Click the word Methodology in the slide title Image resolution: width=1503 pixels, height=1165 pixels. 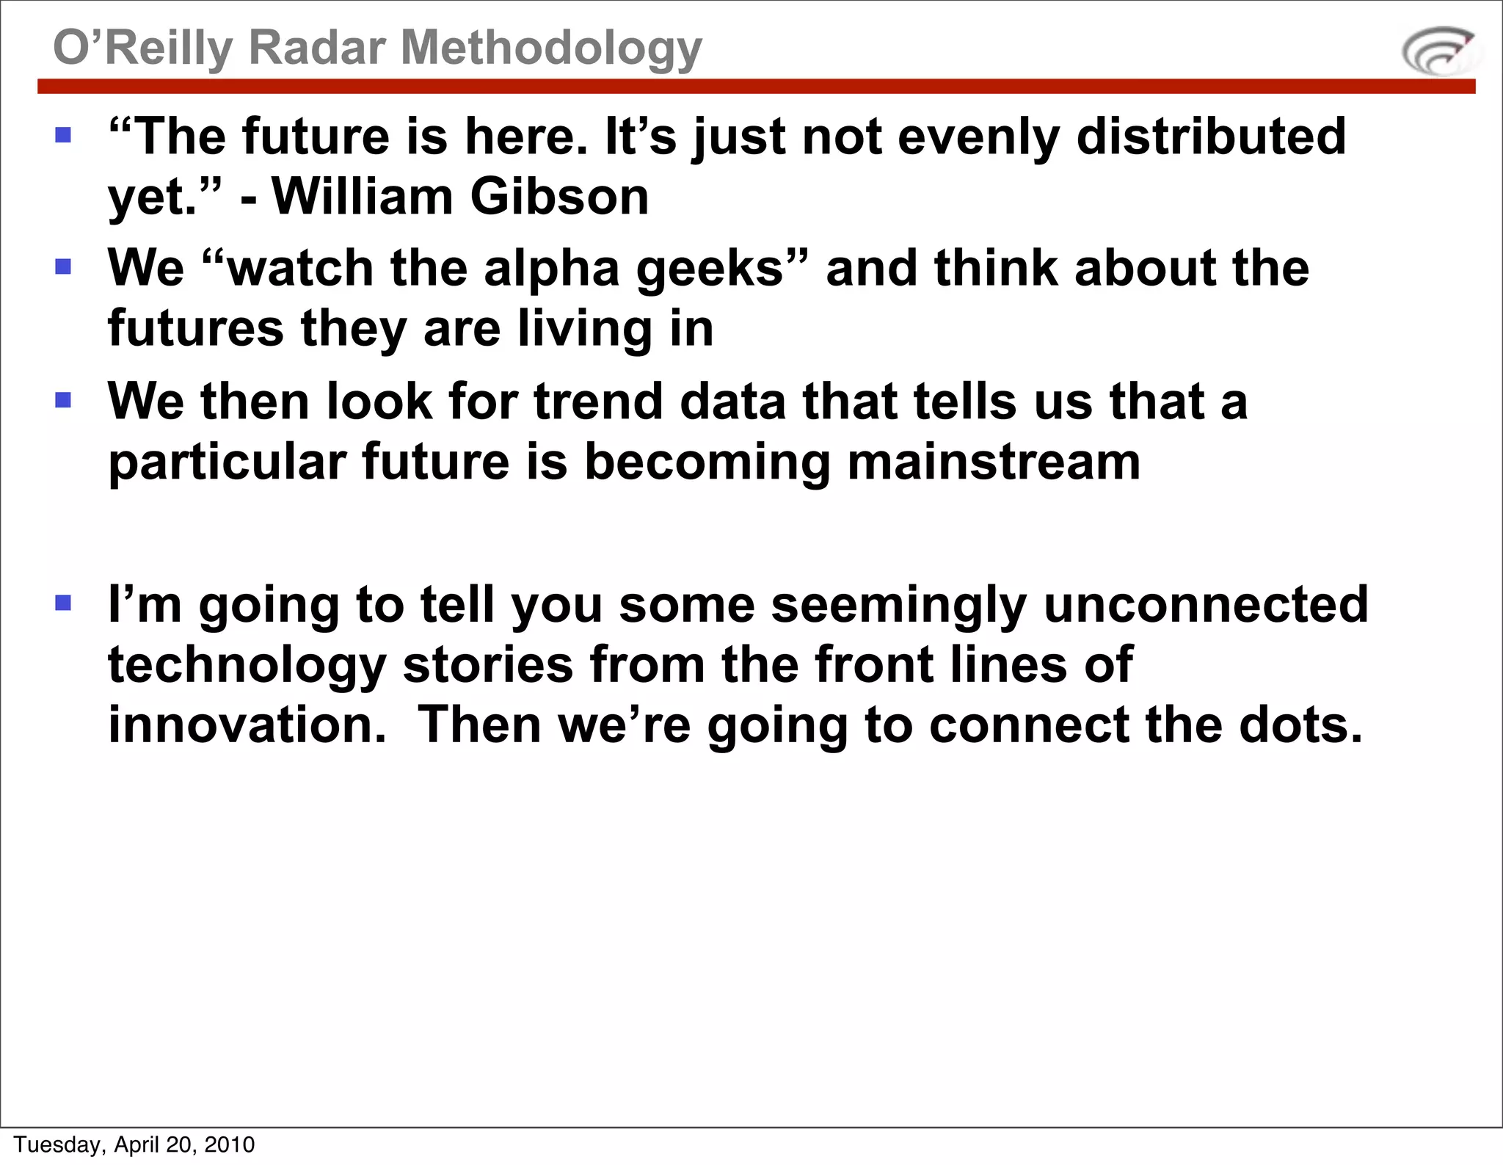point(551,48)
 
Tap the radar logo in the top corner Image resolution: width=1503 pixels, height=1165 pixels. point(1439,51)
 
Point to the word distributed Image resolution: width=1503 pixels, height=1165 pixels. point(1211,137)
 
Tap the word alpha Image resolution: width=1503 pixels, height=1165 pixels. point(552,269)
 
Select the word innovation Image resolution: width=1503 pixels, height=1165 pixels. point(247,725)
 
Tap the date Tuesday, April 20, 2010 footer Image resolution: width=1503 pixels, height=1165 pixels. point(134,1144)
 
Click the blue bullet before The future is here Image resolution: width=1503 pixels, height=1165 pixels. point(63,135)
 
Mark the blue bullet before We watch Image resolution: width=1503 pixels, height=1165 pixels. point(63,266)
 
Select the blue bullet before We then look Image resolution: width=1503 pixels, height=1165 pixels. point(63,400)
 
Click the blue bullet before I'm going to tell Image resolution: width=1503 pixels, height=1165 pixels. point(63,603)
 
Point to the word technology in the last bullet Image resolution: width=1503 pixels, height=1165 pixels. point(247,665)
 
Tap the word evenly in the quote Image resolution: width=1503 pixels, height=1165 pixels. point(978,137)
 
